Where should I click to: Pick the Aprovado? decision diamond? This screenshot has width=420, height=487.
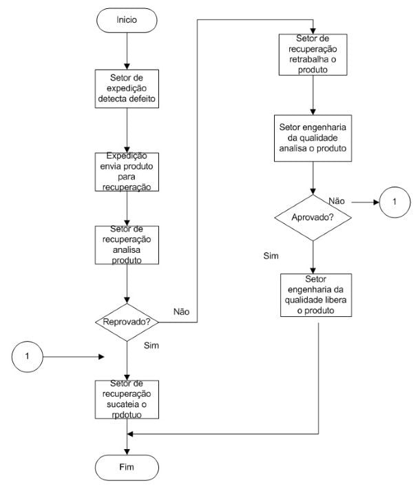[x=313, y=216]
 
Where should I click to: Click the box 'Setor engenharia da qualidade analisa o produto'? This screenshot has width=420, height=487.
[x=313, y=138]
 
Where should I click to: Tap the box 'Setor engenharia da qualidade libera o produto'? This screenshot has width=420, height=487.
[x=313, y=296]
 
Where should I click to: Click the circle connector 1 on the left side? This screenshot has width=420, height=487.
[x=28, y=357]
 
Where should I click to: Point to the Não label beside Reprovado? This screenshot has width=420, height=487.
[x=182, y=311]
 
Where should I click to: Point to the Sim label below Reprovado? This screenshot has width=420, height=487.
[x=152, y=345]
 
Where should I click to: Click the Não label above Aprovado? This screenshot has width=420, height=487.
[x=337, y=200]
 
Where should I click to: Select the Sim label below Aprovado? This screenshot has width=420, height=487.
[x=271, y=256]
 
